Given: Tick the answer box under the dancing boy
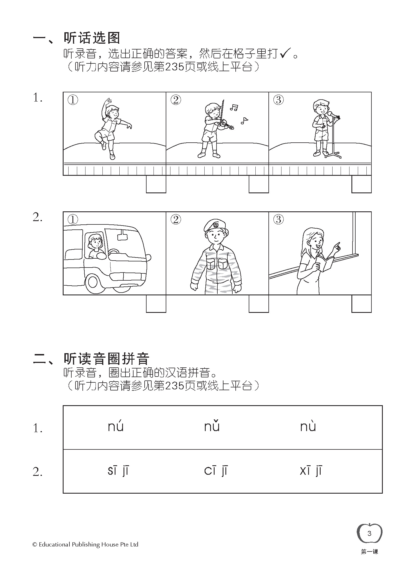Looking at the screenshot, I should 156,184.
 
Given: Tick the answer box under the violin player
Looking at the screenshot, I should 259,184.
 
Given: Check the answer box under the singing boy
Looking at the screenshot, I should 361,184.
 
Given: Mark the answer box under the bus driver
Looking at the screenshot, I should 156,303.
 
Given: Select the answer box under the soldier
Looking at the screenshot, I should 259,303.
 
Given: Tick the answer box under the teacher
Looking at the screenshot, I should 361,303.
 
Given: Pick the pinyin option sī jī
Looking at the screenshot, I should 118,471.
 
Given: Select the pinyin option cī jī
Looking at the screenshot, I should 216,471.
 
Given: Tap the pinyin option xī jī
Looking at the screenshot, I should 311,471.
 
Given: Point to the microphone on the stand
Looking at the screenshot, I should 332,114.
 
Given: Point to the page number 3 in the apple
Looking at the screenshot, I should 369,533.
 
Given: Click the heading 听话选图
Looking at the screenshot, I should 92,38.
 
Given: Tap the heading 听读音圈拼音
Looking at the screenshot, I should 106,358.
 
